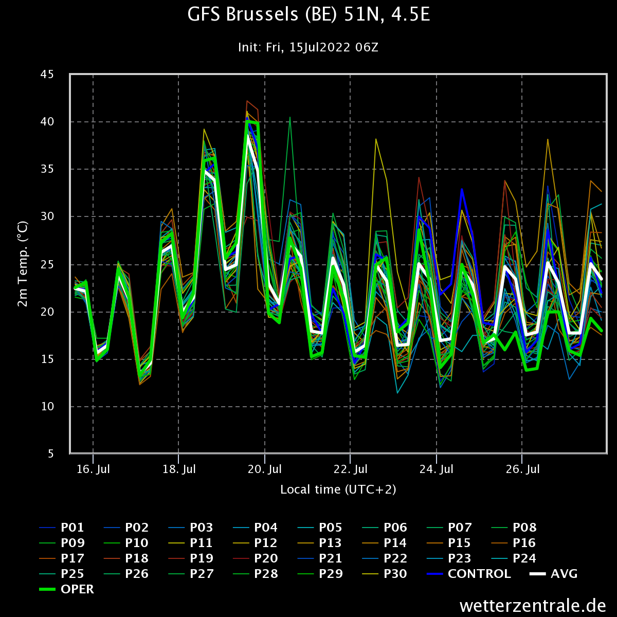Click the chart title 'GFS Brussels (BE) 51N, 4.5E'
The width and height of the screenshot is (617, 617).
(x=308, y=15)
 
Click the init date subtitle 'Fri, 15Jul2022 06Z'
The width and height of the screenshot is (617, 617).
(x=322, y=47)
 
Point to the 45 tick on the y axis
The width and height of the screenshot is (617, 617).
(x=47, y=74)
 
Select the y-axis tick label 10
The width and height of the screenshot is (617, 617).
(x=47, y=406)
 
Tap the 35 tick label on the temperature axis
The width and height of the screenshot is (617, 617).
(x=47, y=169)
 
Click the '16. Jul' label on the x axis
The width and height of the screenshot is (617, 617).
(x=93, y=469)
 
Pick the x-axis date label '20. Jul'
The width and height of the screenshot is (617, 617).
(x=265, y=469)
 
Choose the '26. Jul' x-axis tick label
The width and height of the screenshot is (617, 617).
(x=522, y=469)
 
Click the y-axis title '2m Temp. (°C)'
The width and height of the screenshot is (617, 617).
(x=23, y=264)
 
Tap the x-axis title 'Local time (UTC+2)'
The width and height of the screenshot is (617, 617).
(x=338, y=489)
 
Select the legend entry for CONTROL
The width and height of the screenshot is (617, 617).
(x=469, y=574)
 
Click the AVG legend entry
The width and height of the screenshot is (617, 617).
(x=554, y=574)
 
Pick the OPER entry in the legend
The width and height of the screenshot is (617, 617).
(x=67, y=589)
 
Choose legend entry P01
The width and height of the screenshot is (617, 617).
(x=62, y=528)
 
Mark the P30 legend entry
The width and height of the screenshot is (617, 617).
(x=385, y=574)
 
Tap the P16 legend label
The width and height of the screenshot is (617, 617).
(x=514, y=543)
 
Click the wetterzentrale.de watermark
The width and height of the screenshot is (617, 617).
(x=533, y=606)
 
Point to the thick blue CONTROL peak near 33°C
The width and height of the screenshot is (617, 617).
(x=461, y=190)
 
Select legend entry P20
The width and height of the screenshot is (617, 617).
(x=255, y=558)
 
